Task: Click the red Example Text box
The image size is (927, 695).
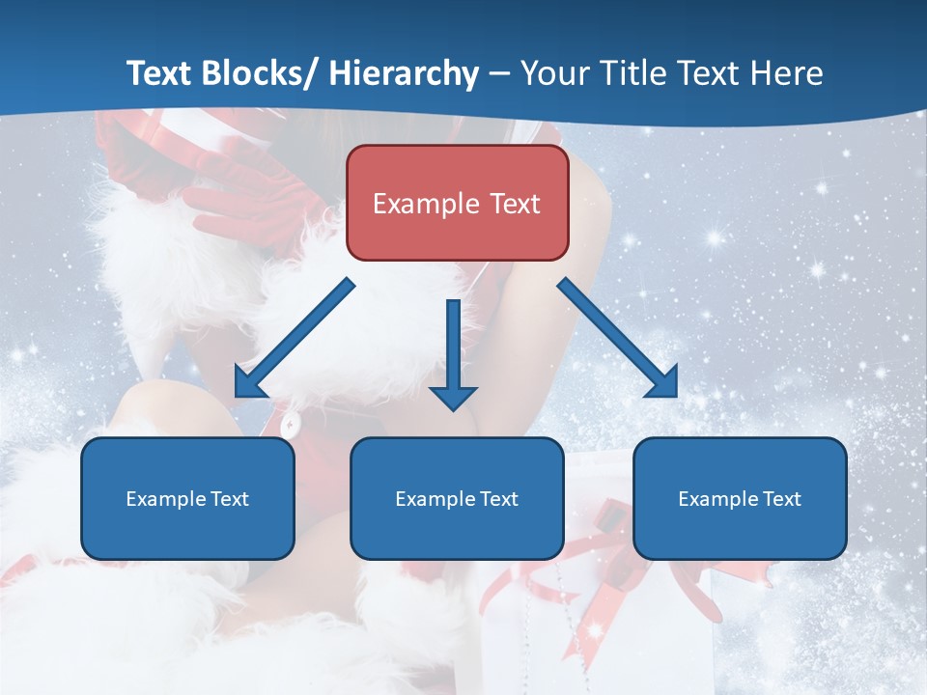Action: (x=457, y=203)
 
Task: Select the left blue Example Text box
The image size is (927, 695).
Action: (x=187, y=498)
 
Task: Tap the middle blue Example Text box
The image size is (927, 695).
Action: (x=457, y=498)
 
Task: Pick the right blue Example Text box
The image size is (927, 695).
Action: (x=740, y=498)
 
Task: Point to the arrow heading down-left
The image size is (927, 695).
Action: (x=295, y=338)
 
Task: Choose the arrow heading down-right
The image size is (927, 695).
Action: (x=618, y=338)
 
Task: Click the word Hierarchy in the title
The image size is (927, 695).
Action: (x=404, y=74)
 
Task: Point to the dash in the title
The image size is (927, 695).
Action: (x=499, y=74)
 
